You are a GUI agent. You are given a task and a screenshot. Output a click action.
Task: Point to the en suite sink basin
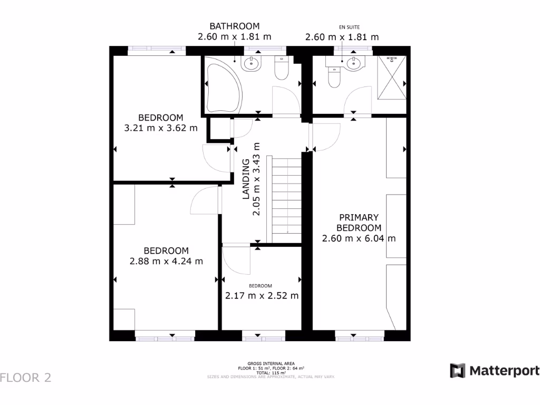[352, 64]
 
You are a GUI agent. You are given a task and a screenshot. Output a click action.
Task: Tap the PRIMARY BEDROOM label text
[359, 223]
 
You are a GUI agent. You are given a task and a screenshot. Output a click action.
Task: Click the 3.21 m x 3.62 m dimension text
[161, 128]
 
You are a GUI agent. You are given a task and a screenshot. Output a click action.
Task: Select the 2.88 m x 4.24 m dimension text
[166, 261]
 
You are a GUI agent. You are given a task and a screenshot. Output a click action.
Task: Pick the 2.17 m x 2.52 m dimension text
[262, 295]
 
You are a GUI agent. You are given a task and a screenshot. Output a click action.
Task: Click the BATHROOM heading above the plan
[234, 26]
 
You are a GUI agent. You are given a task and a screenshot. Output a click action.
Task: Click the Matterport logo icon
[457, 370]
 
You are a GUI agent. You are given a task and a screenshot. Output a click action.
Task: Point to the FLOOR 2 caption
[26, 378]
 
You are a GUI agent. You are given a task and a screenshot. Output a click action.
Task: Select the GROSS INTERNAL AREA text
[269, 364]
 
